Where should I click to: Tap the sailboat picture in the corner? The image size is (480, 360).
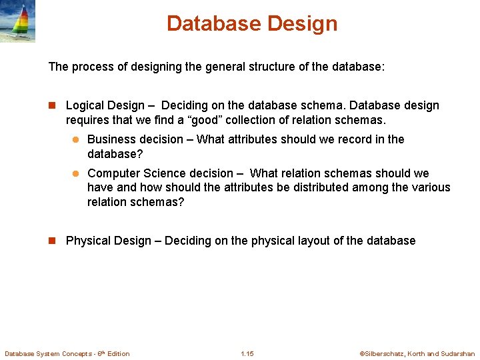(17, 21)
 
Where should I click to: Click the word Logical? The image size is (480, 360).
(85, 105)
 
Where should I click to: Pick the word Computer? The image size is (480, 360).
(114, 173)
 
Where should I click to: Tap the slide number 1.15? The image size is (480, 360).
(247, 353)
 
